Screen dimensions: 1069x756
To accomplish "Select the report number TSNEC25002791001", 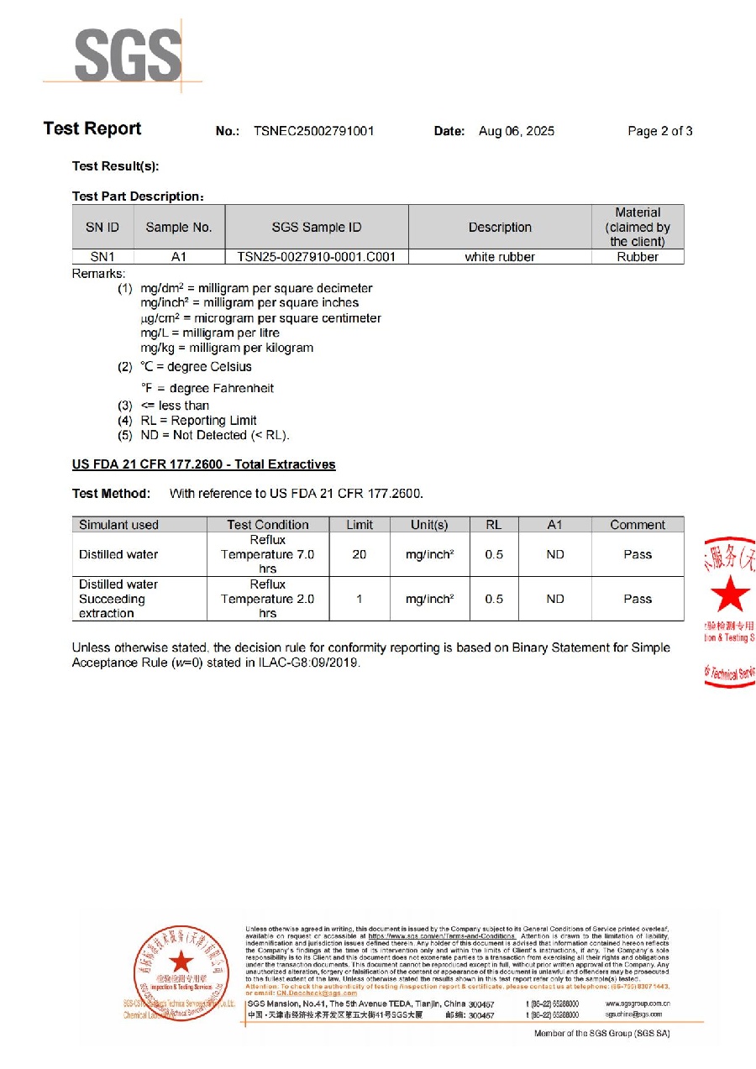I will pyautogui.click(x=313, y=131).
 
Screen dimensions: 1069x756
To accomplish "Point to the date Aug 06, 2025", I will pyautogui.click(x=516, y=131).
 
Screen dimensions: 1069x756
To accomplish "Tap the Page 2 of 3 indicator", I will pyautogui.click(x=659, y=131).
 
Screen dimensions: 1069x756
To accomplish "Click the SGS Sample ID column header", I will pyautogui.click(x=317, y=227).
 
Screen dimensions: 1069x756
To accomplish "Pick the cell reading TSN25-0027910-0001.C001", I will pyautogui.click(x=317, y=257).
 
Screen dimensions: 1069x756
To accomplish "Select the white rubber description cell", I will pyautogui.click(x=500, y=257).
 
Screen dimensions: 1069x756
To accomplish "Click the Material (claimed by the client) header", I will pyautogui.click(x=638, y=227).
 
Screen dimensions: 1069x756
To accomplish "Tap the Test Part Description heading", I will pyautogui.click(x=137, y=197).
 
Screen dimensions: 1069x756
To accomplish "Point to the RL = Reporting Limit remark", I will pyautogui.click(x=198, y=420).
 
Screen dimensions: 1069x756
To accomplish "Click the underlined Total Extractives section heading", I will pyautogui.click(x=203, y=464).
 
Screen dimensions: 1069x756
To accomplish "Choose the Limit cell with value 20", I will pyautogui.click(x=359, y=554).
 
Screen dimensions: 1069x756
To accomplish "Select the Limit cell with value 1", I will pyautogui.click(x=359, y=599).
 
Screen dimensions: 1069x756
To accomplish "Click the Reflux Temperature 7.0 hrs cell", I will pyautogui.click(x=267, y=554).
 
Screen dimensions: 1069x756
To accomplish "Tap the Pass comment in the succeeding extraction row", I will pyautogui.click(x=638, y=599).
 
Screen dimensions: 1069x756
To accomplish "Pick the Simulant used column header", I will pyautogui.click(x=118, y=525).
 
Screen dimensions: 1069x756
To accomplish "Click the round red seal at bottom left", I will pyautogui.click(x=181, y=973).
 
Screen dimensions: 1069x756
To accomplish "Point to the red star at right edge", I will pyautogui.click(x=729, y=594).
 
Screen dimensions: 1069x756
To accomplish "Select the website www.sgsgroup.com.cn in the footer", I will pyautogui.click(x=637, y=1003).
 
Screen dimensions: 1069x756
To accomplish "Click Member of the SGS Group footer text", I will pyautogui.click(x=601, y=1033).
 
